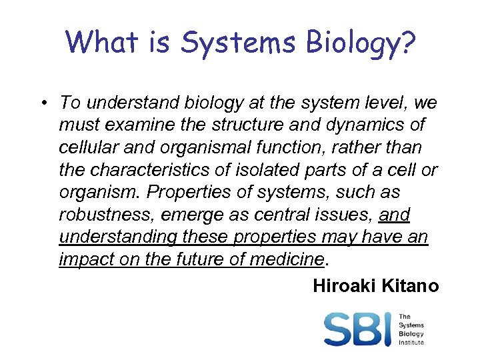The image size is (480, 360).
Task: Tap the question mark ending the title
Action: [x=407, y=42]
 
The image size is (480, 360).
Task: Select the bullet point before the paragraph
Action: [x=43, y=104]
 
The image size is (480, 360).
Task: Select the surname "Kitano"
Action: [x=411, y=286]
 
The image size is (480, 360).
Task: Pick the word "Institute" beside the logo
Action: [x=411, y=342]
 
